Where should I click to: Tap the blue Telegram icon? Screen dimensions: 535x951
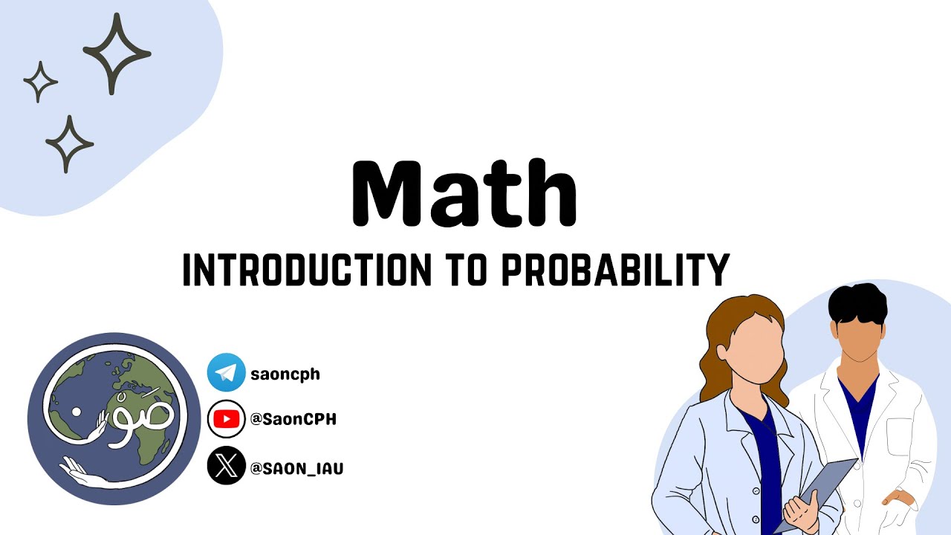[226, 373]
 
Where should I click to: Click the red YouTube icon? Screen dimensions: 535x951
[226, 419]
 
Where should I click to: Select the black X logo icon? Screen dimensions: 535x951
[226, 467]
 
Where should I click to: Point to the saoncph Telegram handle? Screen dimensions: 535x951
[285, 374]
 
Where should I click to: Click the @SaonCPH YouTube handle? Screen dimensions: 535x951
[293, 420]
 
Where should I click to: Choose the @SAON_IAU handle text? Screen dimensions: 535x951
[297, 468]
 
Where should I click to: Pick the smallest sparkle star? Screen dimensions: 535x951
[40, 81]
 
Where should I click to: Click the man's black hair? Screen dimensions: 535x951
[857, 305]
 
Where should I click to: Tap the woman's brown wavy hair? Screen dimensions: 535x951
[717, 349]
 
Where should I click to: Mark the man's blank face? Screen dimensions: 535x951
[859, 338]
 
